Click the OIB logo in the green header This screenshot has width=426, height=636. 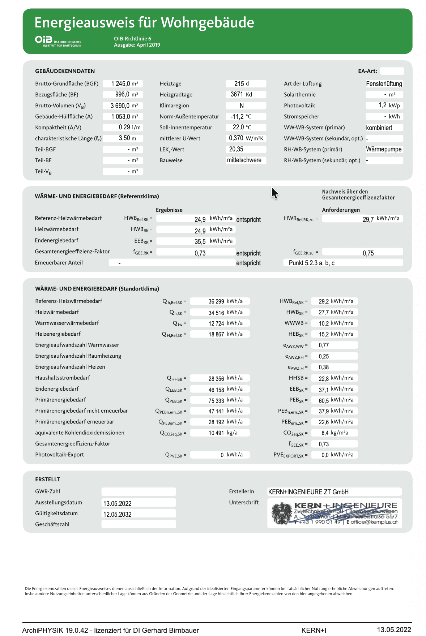44,39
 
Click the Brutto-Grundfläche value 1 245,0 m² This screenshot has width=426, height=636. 123,84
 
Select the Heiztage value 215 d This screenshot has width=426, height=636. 242,84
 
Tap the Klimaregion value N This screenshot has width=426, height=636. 242,106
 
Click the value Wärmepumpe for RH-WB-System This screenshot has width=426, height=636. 384,150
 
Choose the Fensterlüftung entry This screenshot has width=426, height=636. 384,84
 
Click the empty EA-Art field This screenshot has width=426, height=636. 392,71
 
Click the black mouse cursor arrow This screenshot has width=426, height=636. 274,193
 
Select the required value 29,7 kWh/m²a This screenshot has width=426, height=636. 368,219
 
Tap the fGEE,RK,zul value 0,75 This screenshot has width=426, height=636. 368,253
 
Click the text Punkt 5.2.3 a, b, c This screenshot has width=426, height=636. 311,263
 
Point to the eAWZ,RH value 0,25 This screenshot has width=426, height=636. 324,357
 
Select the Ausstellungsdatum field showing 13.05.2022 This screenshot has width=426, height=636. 118,503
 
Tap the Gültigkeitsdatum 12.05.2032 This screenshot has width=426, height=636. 118,514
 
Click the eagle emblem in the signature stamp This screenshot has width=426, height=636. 282,513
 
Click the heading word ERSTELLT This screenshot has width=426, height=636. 47,480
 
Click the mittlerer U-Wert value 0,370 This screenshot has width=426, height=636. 236,138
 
